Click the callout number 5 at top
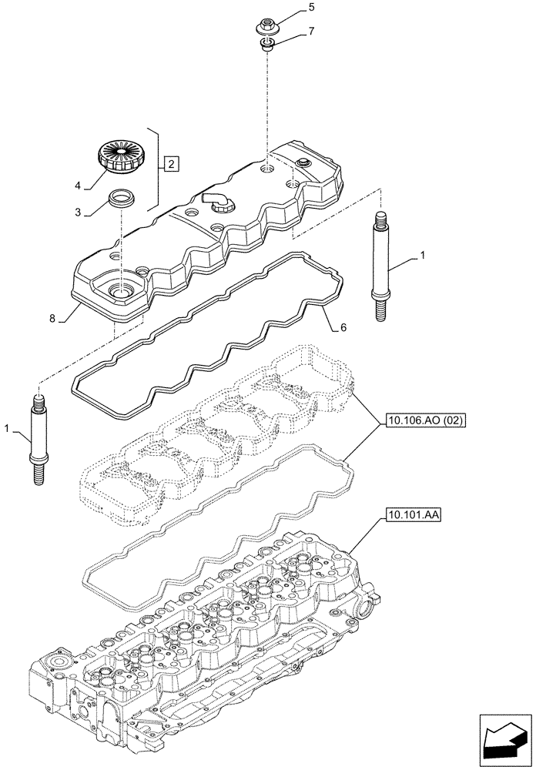311,8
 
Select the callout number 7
311,31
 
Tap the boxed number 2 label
171,163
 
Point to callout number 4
79,185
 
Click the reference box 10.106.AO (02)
420,421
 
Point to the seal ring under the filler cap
122,198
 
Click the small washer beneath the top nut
267,49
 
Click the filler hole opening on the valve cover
122,291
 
